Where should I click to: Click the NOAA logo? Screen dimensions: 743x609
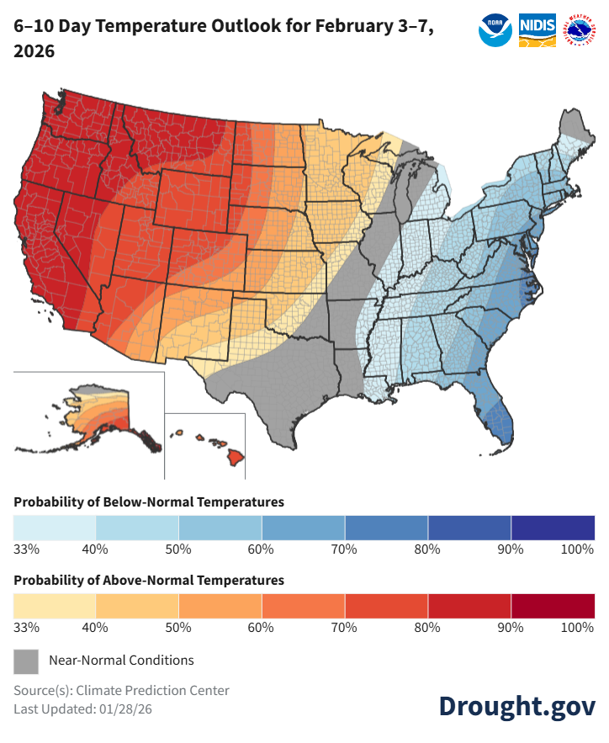pyautogui.click(x=495, y=29)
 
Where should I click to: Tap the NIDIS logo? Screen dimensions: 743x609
pyautogui.click(x=536, y=29)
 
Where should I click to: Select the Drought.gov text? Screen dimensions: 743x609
pyautogui.click(x=516, y=706)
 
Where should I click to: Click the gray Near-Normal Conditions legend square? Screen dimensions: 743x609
pyautogui.click(x=26, y=661)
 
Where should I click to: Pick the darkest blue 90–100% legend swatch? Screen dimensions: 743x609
pyautogui.click(x=553, y=528)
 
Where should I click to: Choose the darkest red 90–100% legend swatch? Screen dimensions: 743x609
pyautogui.click(x=553, y=606)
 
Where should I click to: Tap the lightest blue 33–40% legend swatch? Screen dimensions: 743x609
pyautogui.click(x=55, y=528)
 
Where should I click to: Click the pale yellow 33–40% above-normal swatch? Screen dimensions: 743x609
pyautogui.click(x=55, y=606)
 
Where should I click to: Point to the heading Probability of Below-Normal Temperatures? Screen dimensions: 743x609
pyautogui.click(x=149, y=502)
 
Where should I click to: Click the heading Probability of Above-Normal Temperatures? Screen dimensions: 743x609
pyautogui.click(x=149, y=581)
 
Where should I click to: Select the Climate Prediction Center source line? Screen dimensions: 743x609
pyautogui.click(x=121, y=691)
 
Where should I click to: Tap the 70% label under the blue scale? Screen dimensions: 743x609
pyautogui.click(x=345, y=549)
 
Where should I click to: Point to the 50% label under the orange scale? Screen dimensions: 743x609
pyautogui.click(x=179, y=628)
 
